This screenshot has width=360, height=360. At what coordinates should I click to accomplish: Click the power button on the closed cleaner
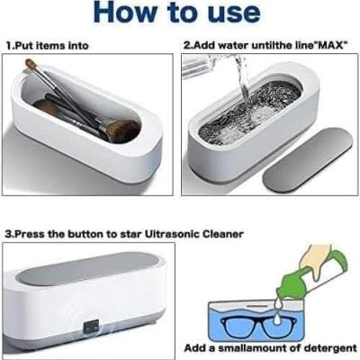(90, 328)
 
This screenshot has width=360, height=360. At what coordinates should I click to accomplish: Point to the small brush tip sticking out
(31, 64)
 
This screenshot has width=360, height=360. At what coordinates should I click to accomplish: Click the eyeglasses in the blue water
(258, 328)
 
